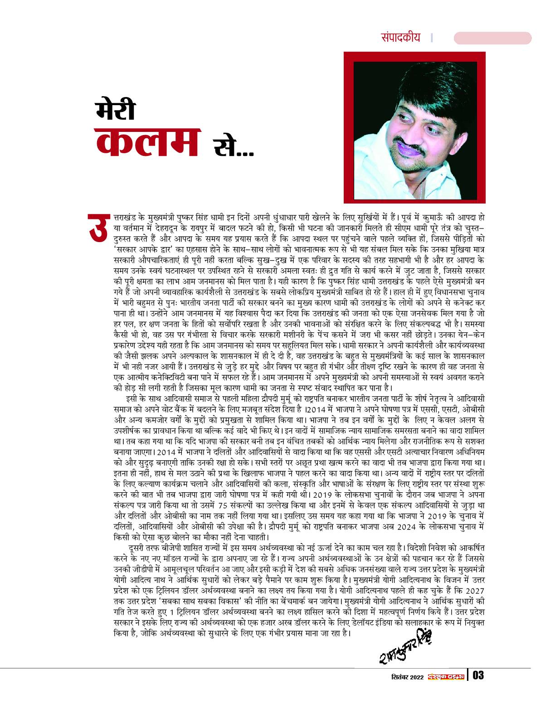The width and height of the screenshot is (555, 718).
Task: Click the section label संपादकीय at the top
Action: tap(401, 38)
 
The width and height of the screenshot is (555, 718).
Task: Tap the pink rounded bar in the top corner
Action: tap(492, 38)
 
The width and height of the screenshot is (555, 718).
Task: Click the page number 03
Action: tap(478, 675)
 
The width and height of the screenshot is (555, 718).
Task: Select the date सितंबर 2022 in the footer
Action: tap(407, 676)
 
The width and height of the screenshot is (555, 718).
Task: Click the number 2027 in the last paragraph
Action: tap(475, 591)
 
